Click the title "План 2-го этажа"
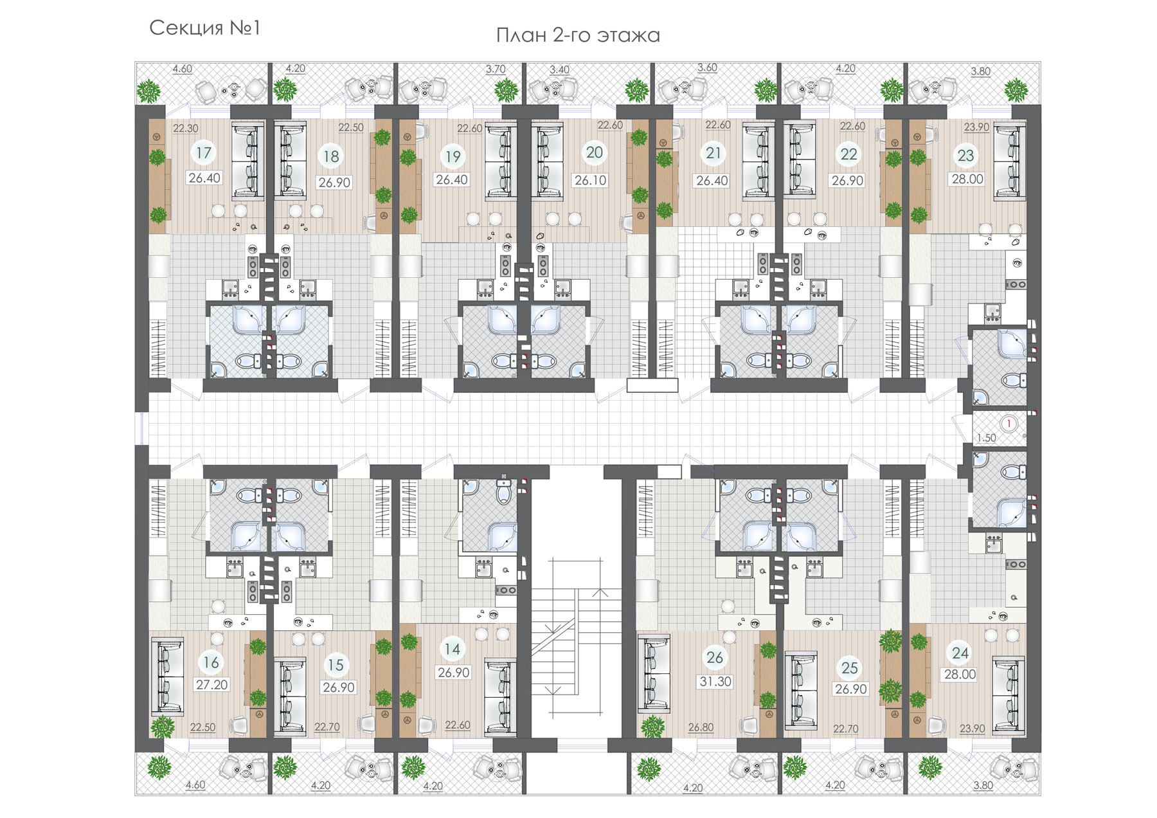click(x=578, y=35)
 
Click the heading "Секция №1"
click(x=204, y=28)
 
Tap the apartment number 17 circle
click(x=204, y=153)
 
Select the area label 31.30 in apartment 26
click(x=715, y=682)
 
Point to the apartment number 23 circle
click(x=965, y=155)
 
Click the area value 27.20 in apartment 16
click(x=211, y=685)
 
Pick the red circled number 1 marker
click(x=1009, y=423)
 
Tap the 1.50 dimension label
click(x=986, y=438)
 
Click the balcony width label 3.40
click(x=559, y=69)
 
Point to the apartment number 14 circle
click(x=453, y=649)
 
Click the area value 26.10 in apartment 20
click(x=590, y=181)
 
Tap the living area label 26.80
click(x=701, y=727)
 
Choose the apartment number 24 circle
click(x=960, y=653)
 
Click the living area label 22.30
click(x=185, y=129)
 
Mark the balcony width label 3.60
click(x=707, y=68)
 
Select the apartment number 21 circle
click(x=713, y=153)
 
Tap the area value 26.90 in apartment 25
click(x=850, y=689)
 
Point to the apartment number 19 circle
click(x=453, y=156)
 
